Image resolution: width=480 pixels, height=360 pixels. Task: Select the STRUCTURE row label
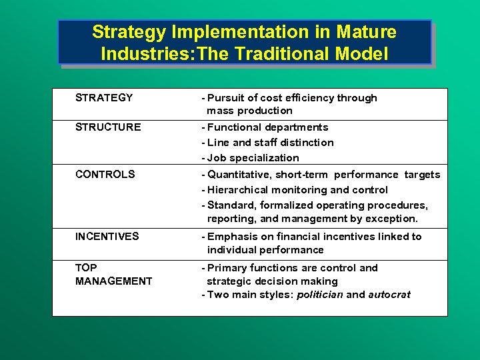click(x=108, y=127)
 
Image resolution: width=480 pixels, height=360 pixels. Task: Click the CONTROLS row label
click(x=105, y=175)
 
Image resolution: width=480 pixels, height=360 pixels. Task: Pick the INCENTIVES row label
click(x=107, y=236)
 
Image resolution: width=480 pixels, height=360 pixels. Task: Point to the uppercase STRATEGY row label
click(x=104, y=98)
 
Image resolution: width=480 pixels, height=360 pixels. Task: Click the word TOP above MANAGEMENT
click(x=86, y=268)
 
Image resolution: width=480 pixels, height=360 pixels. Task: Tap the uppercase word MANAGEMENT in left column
click(x=113, y=281)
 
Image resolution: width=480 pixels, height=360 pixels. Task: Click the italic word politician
click(x=320, y=295)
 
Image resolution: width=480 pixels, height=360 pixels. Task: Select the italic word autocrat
click(x=389, y=295)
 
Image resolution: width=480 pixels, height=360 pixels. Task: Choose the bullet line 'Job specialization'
click(x=253, y=158)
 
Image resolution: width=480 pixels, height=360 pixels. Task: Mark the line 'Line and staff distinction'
click(x=271, y=143)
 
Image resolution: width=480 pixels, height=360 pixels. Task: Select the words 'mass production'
click(x=249, y=111)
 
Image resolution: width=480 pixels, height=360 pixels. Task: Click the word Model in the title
click(x=366, y=54)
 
